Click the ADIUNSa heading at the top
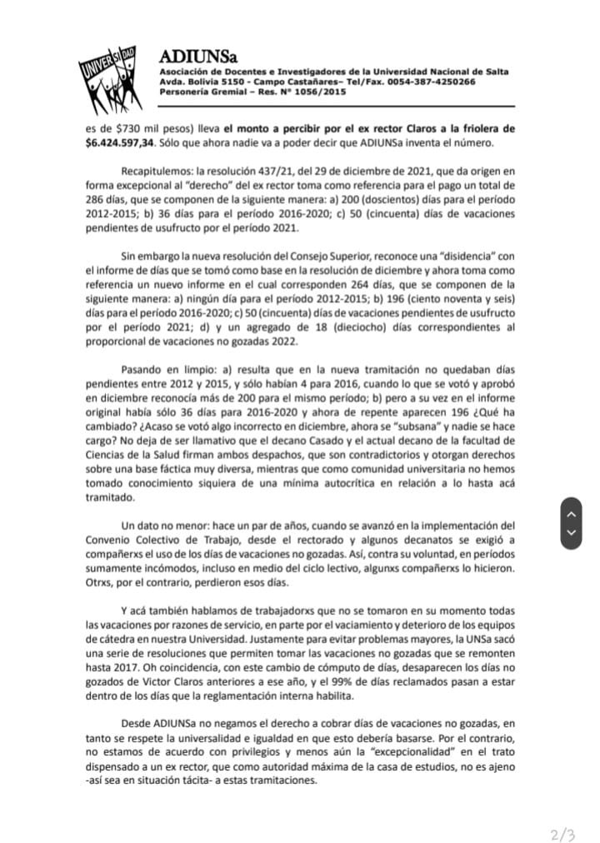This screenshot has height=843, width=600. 198,57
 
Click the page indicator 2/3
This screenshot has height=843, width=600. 564,811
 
